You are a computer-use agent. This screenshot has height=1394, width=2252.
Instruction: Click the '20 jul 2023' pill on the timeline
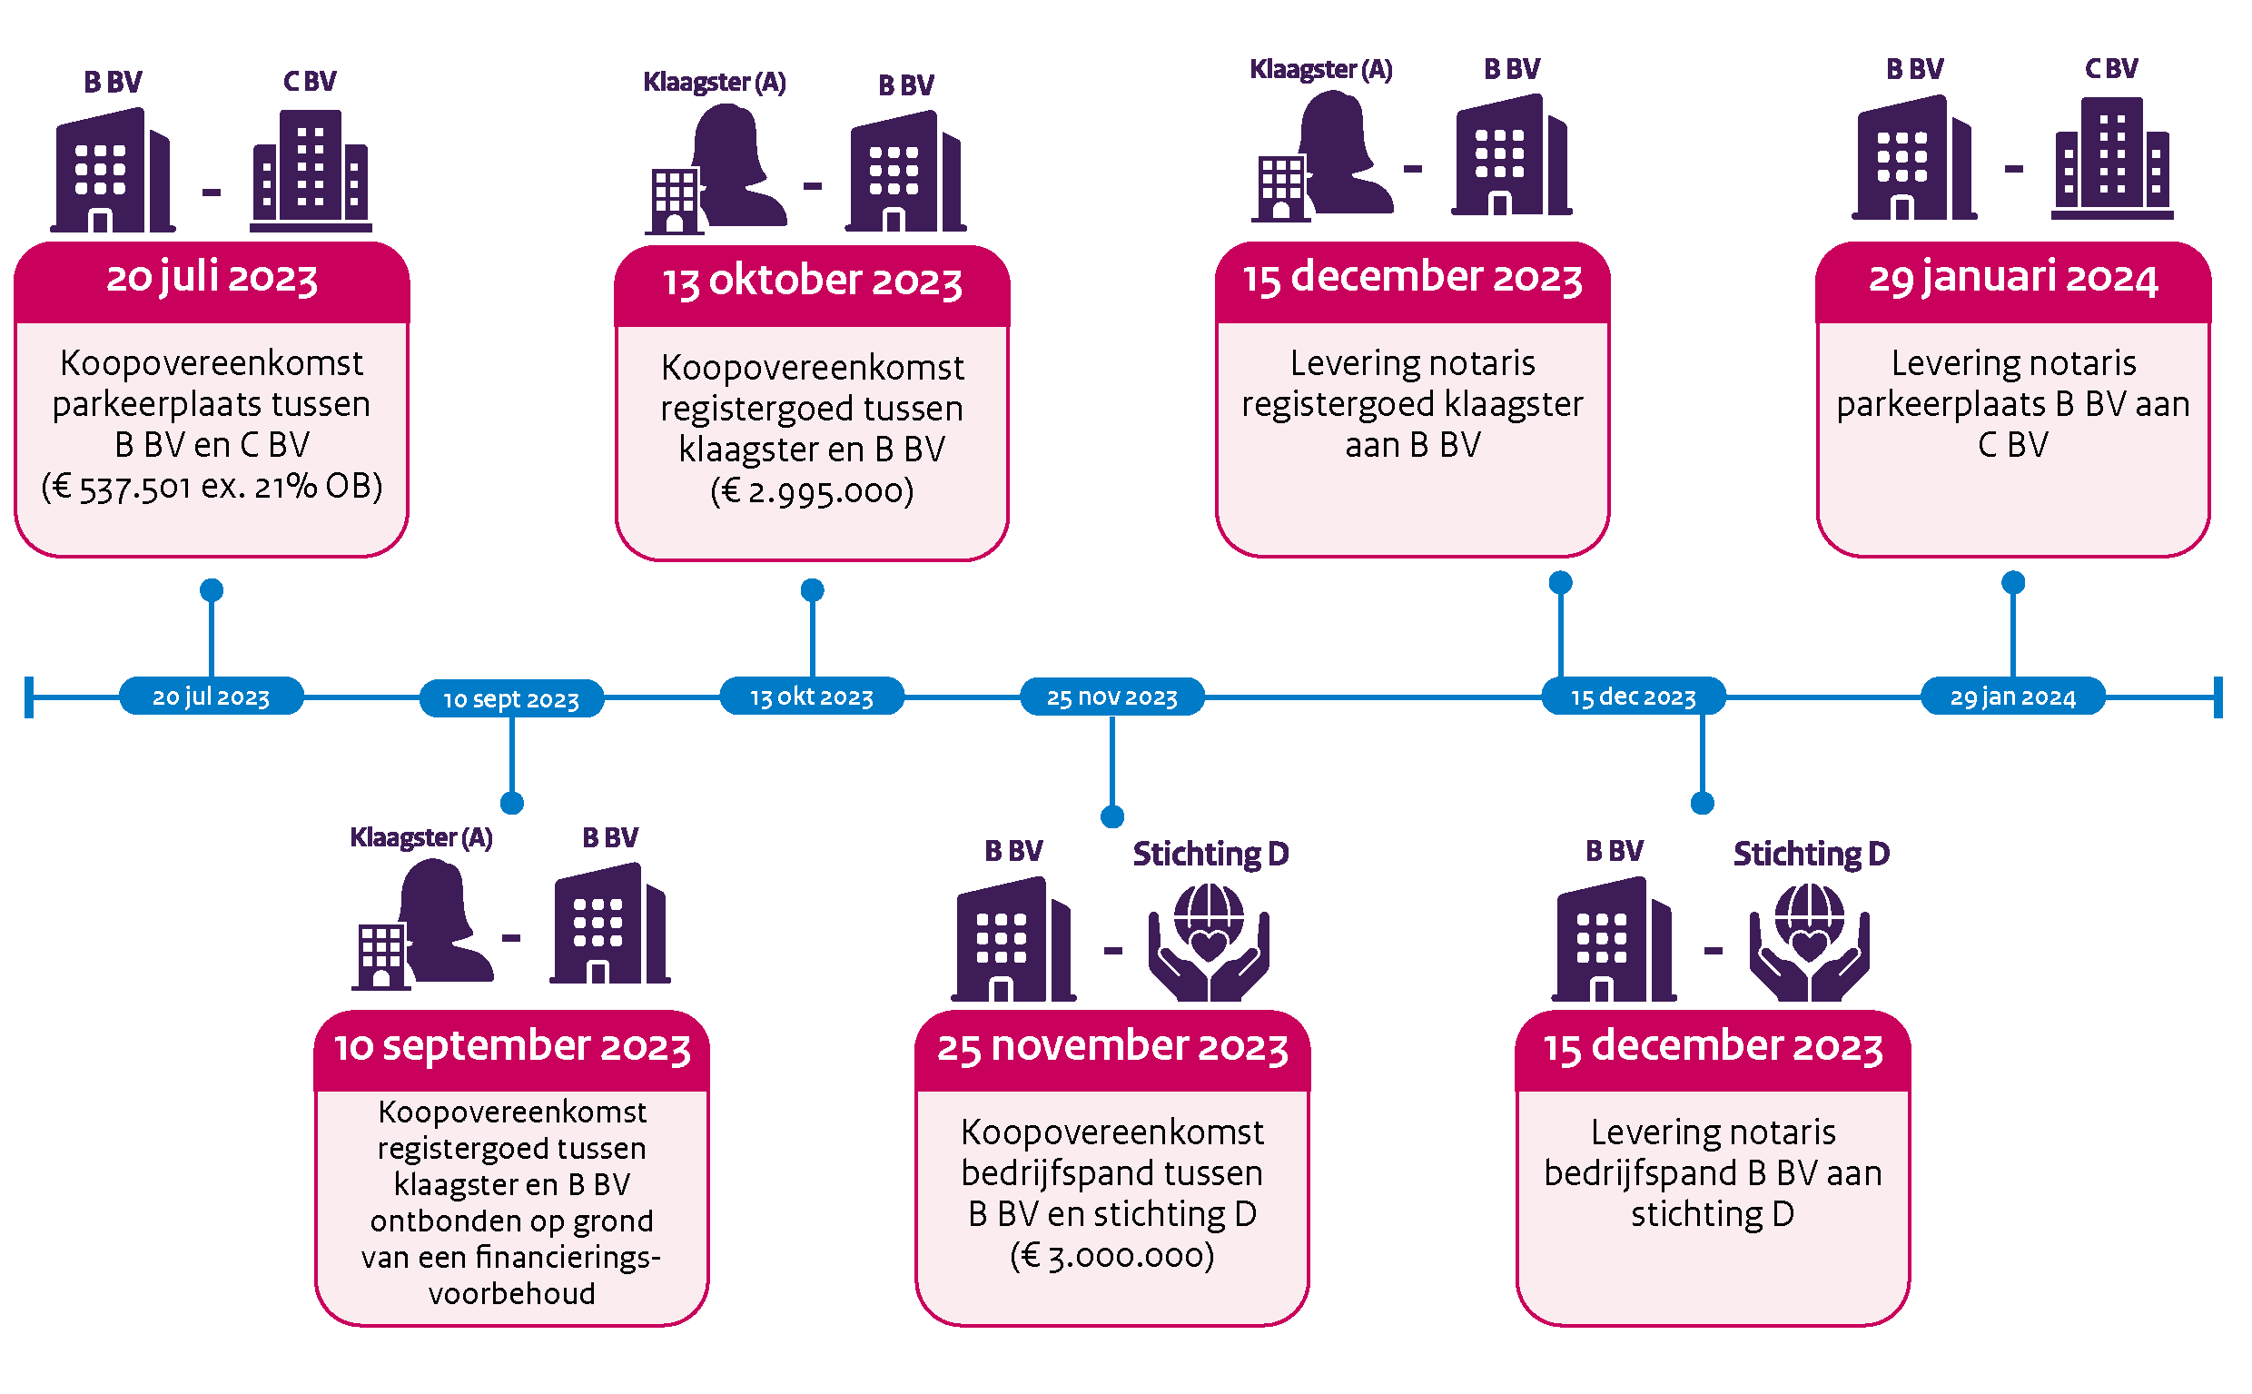click(211, 696)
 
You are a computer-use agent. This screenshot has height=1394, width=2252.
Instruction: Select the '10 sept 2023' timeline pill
click(511, 699)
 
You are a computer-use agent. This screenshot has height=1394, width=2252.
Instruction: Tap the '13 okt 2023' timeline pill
click(811, 696)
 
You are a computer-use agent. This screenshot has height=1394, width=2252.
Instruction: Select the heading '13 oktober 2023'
click(812, 282)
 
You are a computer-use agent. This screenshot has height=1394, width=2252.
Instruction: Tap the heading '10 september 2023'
click(511, 1047)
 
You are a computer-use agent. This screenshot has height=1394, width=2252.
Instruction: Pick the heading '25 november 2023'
click(1112, 1047)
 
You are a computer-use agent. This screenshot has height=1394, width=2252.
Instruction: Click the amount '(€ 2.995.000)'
click(812, 490)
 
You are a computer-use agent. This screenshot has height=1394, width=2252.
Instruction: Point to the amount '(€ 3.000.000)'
click(1112, 1256)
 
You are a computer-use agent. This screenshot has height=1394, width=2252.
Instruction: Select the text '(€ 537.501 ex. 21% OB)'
click(212, 487)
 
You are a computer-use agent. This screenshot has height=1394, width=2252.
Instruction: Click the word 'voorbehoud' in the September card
click(511, 1293)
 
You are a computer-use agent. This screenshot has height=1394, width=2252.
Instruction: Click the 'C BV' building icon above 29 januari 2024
click(2112, 158)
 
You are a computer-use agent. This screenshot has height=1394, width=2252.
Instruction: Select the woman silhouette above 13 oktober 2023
click(737, 165)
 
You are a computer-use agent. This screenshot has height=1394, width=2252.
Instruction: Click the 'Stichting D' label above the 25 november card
click(1210, 854)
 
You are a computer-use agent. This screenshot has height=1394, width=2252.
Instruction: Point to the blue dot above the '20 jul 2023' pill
click(212, 590)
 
